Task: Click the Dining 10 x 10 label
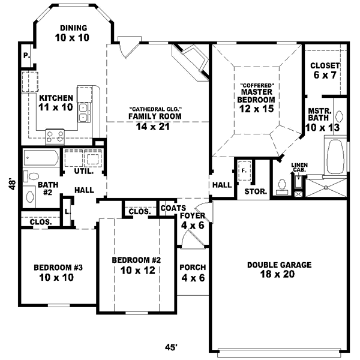coord(74,33)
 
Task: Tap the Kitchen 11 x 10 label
coord(56,103)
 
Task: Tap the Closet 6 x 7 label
coord(325,71)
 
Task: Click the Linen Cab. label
coord(299,167)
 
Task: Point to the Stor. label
coord(251,193)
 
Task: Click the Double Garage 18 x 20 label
coord(278,269)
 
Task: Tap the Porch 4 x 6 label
coord(193,272)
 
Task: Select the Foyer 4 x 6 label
coord(193,220)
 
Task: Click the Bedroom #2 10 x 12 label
coord(137,265)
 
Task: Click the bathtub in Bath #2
coord(41,159)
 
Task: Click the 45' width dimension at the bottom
coord(172,347)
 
